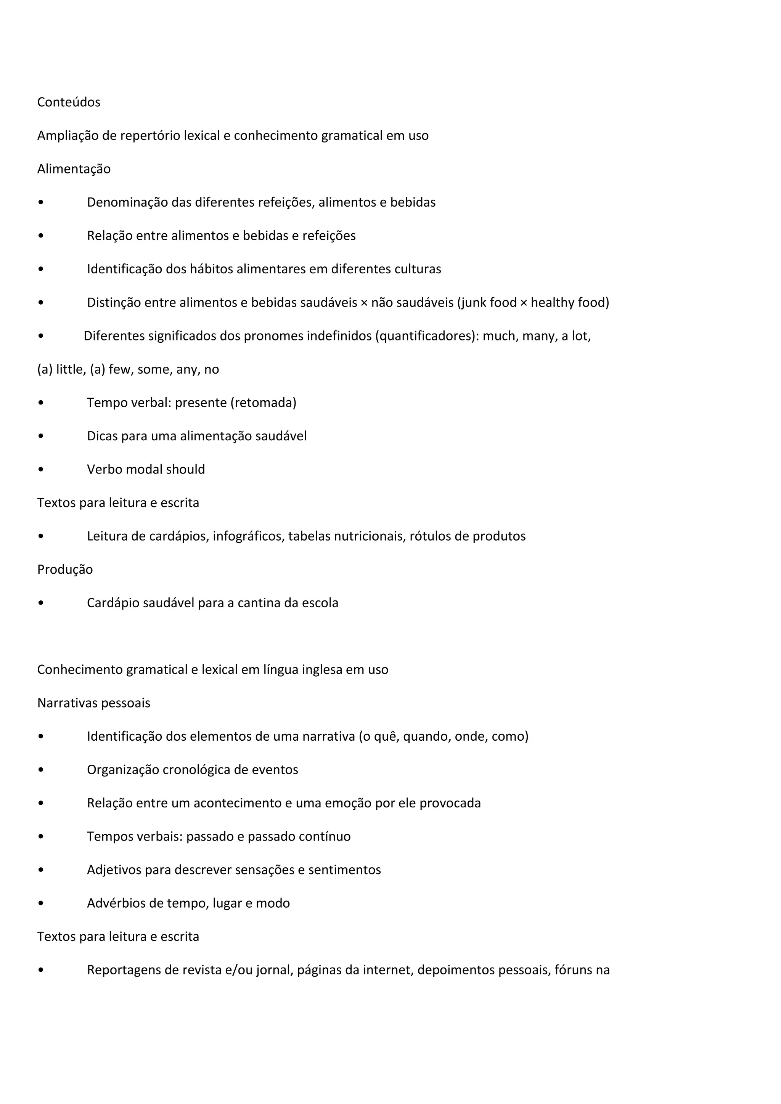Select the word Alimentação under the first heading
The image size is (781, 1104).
(x=74, y=169)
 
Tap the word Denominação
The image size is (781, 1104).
(x=127, y=202)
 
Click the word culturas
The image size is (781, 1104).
(x=418, y=269)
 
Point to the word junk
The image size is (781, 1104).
(x=474, y=302)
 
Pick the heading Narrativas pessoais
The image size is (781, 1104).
(x=94, y=703)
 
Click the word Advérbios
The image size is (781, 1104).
(x=116, y=903)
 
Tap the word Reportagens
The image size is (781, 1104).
(x=124, y=970)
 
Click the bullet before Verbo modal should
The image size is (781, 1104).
(x=41, y=470)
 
